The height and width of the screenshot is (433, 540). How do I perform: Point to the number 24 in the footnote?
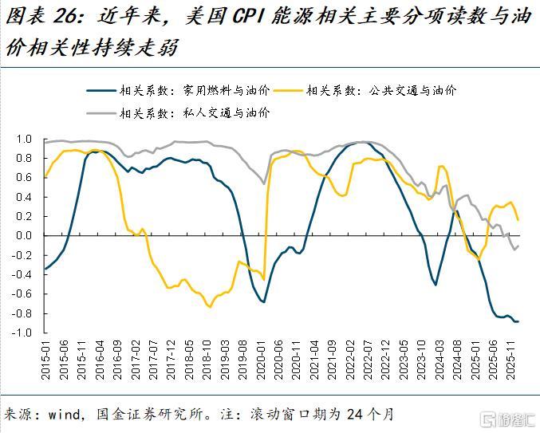(x=345, y=415)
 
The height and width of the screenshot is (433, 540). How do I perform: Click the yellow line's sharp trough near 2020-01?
(x=264, y=279)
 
